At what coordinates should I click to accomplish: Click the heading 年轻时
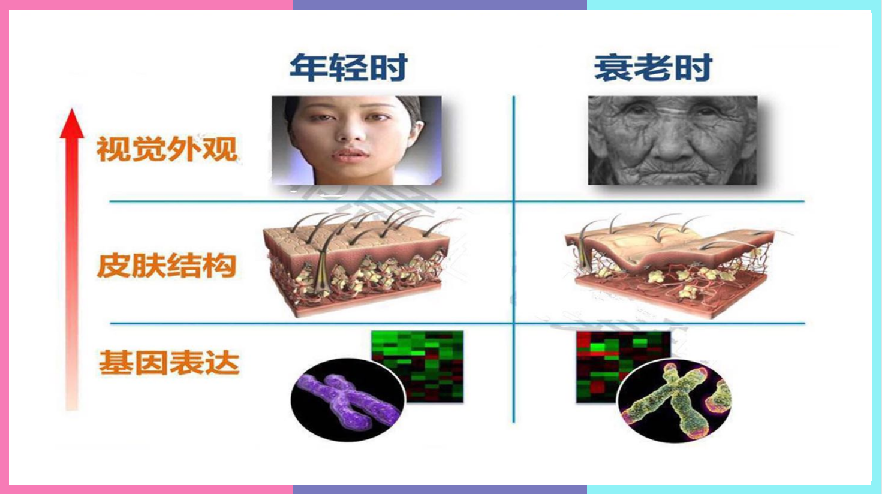click(x=348, y=67)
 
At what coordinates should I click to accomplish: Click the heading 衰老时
click(x=653, y=67)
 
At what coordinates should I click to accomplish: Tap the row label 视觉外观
click(x=167, y=149)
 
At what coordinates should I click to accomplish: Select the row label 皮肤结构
click(x=167, y=266)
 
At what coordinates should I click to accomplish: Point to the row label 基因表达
click(x=169, y=362)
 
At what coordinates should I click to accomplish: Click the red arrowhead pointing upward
click(x=72, y=123)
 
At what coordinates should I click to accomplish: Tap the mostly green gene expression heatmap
click(x=418, y=366)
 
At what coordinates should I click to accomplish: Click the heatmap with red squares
click(x=622, y=366)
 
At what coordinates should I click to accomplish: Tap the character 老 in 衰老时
click(x=653, y=67)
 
